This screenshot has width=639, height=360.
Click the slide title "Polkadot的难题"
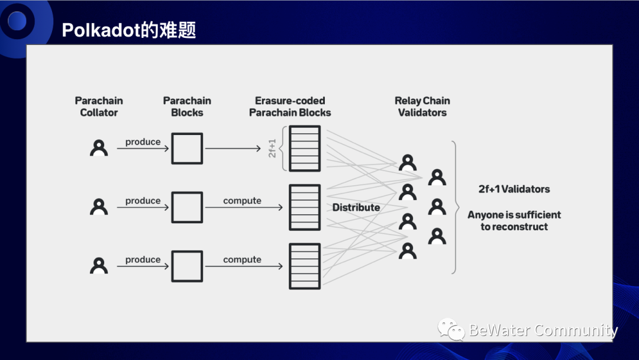[x=129, y=30]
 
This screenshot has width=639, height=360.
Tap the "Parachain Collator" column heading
[x=99, y=107]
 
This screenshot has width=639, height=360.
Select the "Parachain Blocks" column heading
[x=187, y=107]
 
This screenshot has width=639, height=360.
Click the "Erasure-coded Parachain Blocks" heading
[x=290, y=107]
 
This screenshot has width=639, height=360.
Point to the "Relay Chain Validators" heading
[x=422, y=107]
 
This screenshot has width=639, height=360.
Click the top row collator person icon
[x=99, y=147]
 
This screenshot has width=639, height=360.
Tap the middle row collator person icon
[x=99, y=207]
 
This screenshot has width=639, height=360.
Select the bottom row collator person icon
[x=99, y=265]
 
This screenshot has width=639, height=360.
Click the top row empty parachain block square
[x=187, y=148]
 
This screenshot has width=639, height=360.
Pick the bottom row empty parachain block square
[x=187, y=266]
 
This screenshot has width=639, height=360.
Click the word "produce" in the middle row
[x=143, y=201]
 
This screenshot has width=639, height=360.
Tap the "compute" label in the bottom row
[x=242, y=260]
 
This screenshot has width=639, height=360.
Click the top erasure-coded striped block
[x=305, y=148]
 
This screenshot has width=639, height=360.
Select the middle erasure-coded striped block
[x=305, y=207]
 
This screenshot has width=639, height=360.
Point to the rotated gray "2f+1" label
[x=273, y=148]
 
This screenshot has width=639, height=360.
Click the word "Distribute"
[x=356, y=207]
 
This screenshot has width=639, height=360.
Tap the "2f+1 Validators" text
[x=514, y=189]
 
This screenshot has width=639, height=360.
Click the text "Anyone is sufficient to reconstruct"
[x=514, y=221]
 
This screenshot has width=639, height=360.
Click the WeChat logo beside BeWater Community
[x=451, y=329]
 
